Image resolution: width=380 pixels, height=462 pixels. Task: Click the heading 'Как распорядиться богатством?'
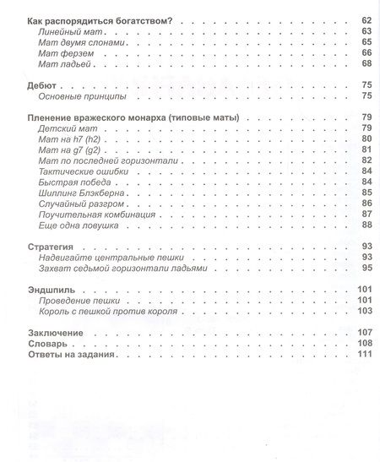[100, 19]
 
